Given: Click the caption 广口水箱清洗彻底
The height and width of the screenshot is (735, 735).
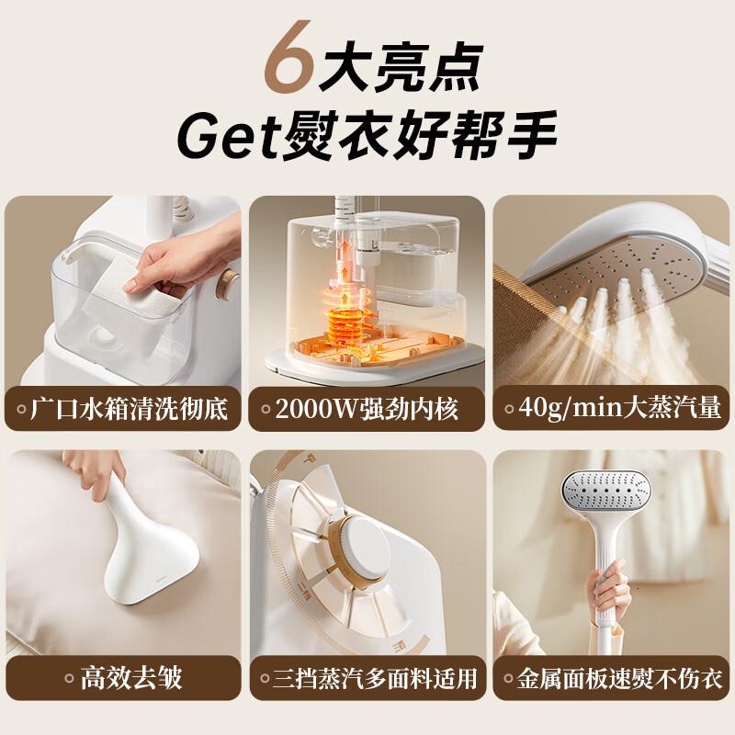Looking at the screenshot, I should click(x=130, y=408).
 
